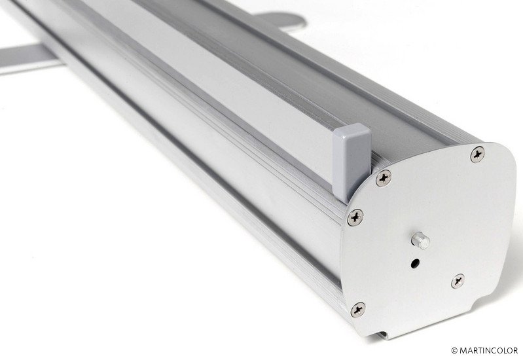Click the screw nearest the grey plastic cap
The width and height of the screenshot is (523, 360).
pyautogui.click(x=384, y=178)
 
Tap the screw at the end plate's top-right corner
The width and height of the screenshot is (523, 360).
pyautogui.click(x=478, y=154)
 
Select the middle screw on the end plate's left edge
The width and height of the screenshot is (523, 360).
pyautogui.click(x=355, y=217)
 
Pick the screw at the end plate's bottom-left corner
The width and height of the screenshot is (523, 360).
pyautogui.click(x=358, y=310)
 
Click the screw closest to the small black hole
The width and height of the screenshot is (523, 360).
pyautogui.click(x=458, y=281)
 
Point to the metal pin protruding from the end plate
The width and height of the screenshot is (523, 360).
pyautogui.click(x=421, y=241)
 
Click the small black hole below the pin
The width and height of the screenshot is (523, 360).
pyautogui.click(x=415, y=264)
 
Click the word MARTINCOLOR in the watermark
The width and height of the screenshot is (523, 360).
pyautogui.click(x=489, y=350)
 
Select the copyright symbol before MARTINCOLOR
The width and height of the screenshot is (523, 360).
pyautogui.click(x=454, y=351)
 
